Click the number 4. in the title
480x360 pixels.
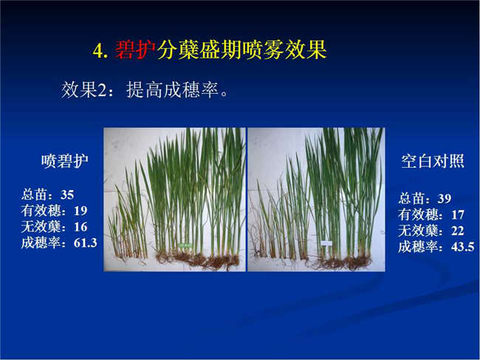(100, 51)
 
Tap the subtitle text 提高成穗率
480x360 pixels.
(172, 89)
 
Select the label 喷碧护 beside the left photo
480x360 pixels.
(65, 161)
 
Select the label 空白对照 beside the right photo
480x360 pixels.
(433, 161)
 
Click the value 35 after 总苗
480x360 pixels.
(67, 195)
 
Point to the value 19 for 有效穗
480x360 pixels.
(80, 211)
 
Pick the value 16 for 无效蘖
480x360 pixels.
(80, 227)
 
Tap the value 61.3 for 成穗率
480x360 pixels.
(86, 243)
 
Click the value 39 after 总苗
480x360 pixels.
(444, 199)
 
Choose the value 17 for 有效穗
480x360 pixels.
(458, 215)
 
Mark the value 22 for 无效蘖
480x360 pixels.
(458, 231)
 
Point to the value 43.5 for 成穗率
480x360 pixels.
(463, 247)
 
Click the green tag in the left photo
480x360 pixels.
(185, 245)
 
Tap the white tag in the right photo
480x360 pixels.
(326, 243)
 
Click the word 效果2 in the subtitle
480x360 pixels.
(84, 89)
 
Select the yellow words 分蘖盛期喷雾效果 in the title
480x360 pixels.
(241, 50)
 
